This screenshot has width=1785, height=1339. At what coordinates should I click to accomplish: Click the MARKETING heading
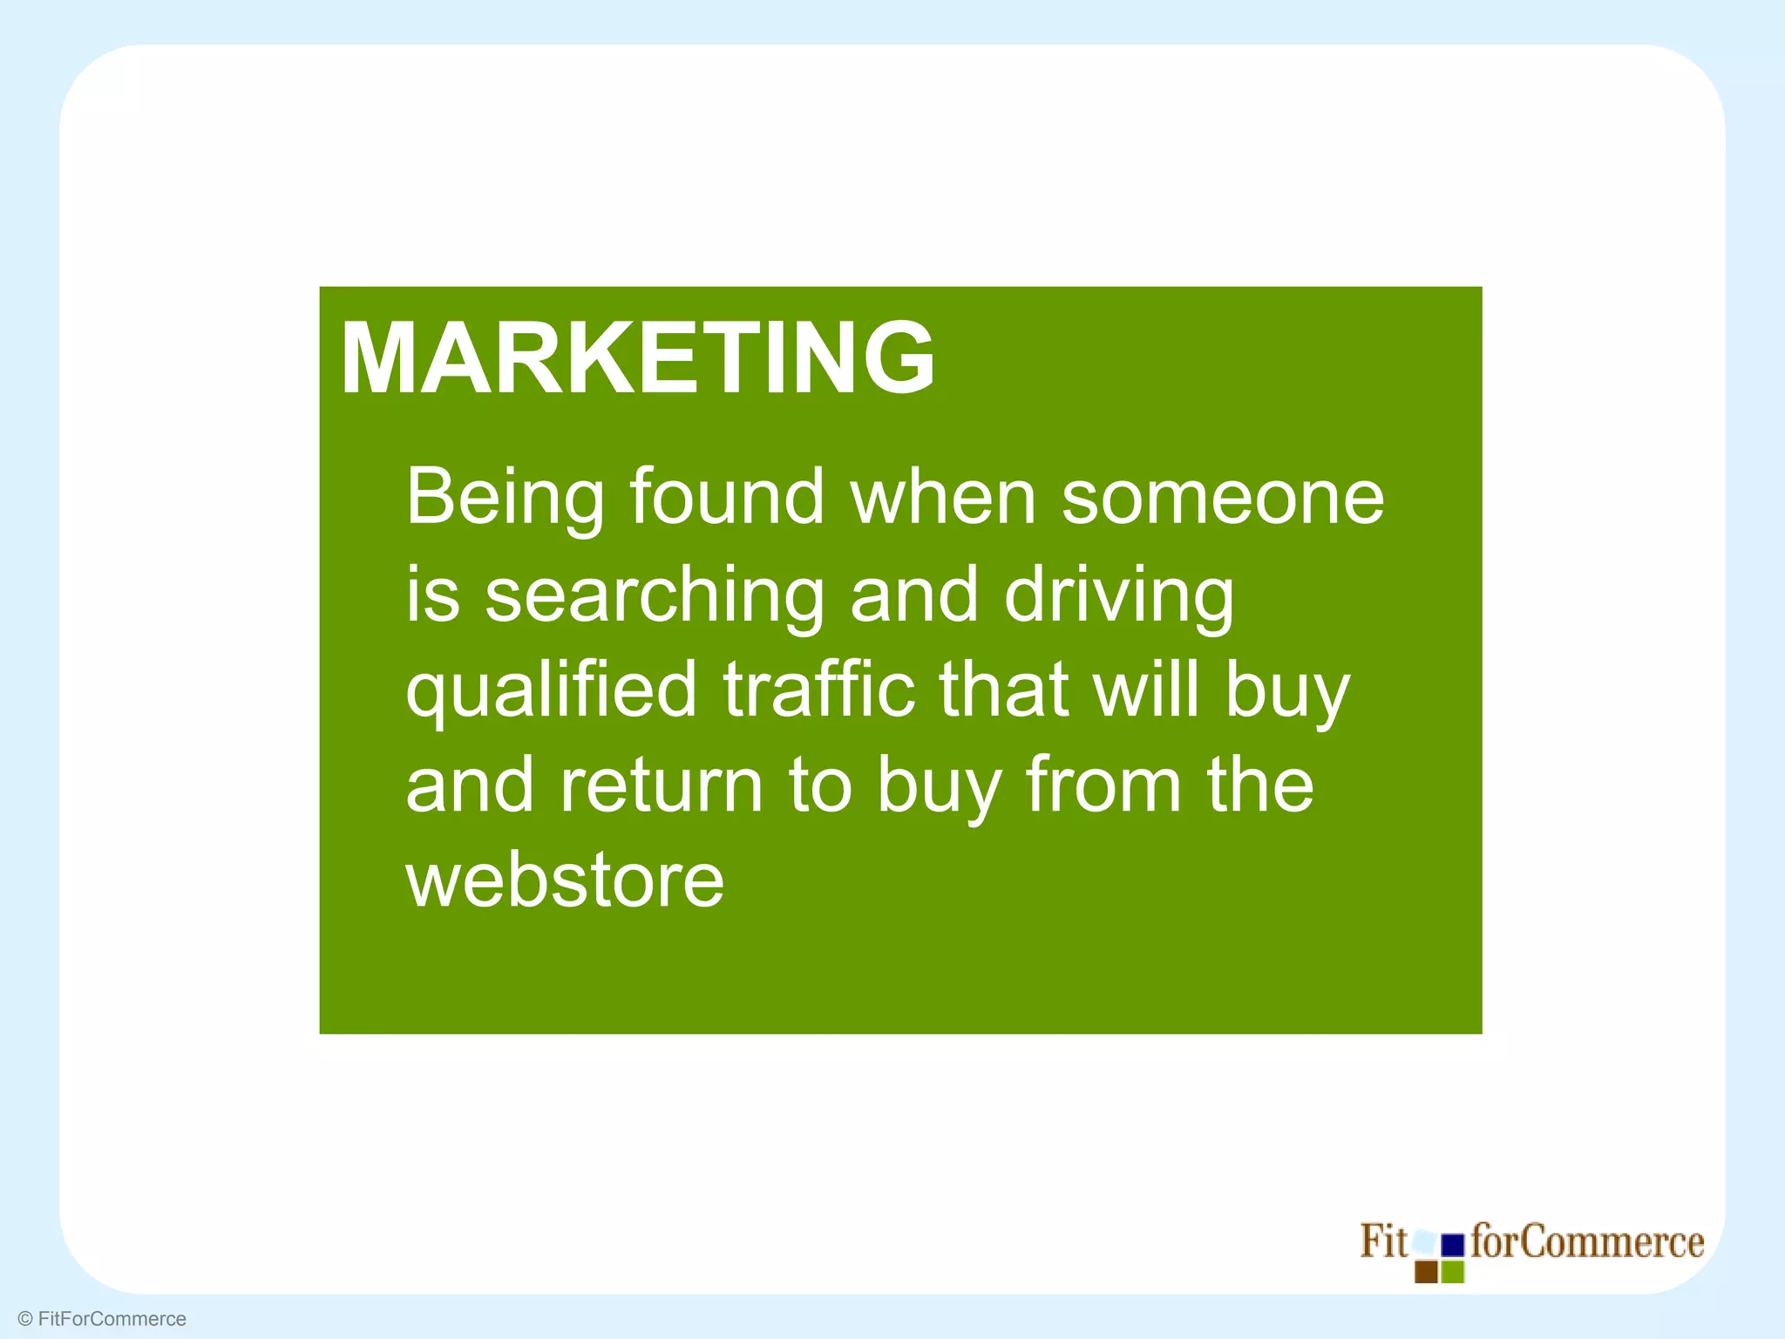pos(637,358)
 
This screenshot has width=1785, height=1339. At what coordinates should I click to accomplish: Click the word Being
pos(505,499)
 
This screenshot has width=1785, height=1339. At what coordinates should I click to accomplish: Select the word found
pos(727,497)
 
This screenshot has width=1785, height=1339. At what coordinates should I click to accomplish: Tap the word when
pos(943,497)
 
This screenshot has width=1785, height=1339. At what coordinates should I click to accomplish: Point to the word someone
pos(1222,499)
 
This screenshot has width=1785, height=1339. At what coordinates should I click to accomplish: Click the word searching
pos(654,595)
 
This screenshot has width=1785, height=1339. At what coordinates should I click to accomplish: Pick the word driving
pos(1119,597)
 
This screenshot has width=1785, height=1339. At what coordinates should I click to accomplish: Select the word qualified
pos(551,691)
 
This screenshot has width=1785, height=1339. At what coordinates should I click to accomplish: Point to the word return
pos(661,785)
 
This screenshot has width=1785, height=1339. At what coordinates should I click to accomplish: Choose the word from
pos(1102,785)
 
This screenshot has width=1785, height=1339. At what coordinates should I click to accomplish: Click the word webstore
pos(565,881)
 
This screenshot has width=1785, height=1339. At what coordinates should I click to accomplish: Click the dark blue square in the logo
pos(1452,1246)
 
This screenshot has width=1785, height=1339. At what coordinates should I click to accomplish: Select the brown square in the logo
pos(1426,1272)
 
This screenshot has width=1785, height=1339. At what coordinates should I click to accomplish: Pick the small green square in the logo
pos(1453,1272)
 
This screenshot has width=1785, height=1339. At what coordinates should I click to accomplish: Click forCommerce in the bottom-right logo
pos(1587,1241)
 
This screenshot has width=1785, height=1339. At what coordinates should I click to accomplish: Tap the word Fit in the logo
pos(1383,1241)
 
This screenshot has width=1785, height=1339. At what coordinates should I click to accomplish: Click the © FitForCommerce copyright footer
pos(102,1319)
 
